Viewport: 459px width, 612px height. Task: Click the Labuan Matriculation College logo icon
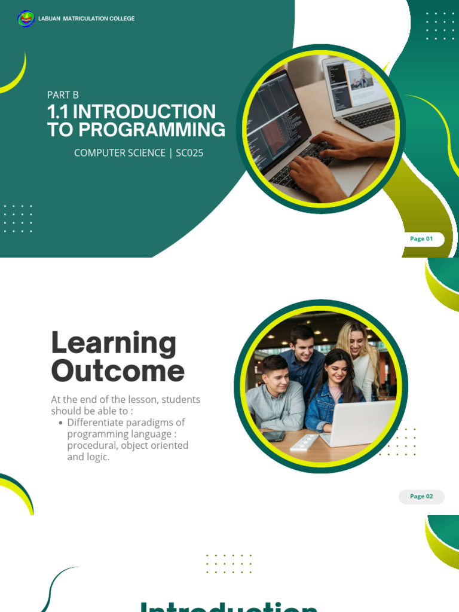click(x=26, y=19)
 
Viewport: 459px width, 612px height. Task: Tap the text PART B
click(x=63, y=94)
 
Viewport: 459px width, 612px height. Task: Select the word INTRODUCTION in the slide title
click(x=144, y=112)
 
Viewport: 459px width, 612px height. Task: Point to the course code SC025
click(x=189, y=153)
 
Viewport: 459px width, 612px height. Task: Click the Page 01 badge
click(x=421, y=239)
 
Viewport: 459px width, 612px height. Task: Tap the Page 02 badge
click(x=421, y=497)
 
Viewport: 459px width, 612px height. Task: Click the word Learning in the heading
click(x=114, y=344)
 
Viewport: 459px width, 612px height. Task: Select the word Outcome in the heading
click(x=118, y=371)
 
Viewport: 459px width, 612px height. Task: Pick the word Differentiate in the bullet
click(x=97, y=423)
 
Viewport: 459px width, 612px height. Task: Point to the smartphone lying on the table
click(x=274, y=436)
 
